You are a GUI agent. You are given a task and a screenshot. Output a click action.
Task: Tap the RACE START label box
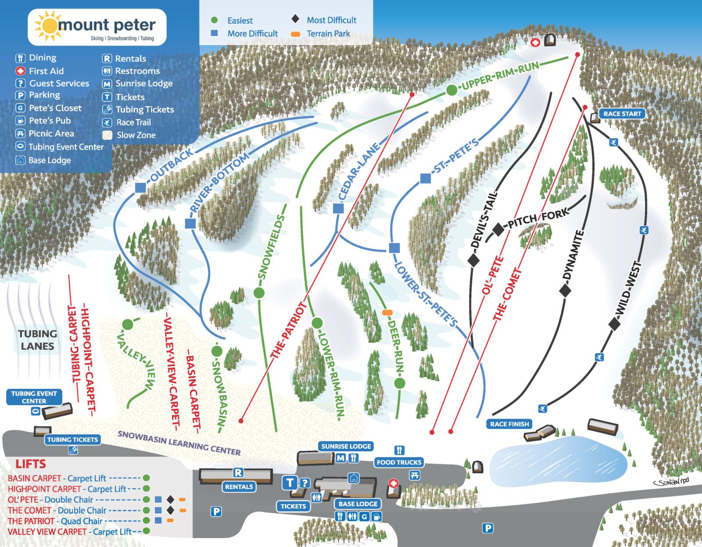[622, 114]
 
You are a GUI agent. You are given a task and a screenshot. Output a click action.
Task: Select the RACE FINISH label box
[509, 424]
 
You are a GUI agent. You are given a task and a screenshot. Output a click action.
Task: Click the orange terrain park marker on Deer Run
[387, 313]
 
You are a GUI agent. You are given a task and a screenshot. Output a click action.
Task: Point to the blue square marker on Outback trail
[140, 187]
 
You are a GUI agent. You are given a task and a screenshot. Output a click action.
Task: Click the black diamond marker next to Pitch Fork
[498, 229]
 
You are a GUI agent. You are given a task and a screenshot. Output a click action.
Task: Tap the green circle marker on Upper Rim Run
[451, 90]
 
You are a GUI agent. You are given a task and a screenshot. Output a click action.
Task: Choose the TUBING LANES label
[38, 340]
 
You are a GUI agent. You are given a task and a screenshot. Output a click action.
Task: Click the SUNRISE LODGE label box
[346, 446]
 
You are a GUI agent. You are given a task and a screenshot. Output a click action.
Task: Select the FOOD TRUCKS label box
[399, 462]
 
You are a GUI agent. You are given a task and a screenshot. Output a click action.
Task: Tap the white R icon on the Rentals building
[238, 473]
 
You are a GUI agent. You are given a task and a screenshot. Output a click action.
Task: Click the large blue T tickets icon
[290, 483]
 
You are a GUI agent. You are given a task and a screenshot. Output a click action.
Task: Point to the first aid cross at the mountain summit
[535, 42]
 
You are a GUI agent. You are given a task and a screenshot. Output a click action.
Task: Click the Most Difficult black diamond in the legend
[295, 19]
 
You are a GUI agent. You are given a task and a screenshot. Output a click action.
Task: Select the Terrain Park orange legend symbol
[296, 34]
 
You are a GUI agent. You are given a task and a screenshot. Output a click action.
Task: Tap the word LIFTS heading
[31, 464]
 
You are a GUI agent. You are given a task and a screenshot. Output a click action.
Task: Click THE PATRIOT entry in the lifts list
[31, 521]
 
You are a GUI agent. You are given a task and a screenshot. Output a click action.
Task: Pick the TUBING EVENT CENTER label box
[34, 397]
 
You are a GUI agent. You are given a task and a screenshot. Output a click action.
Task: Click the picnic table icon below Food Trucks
[414, 475]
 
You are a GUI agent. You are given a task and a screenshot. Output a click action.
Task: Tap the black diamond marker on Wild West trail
[614, 324]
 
